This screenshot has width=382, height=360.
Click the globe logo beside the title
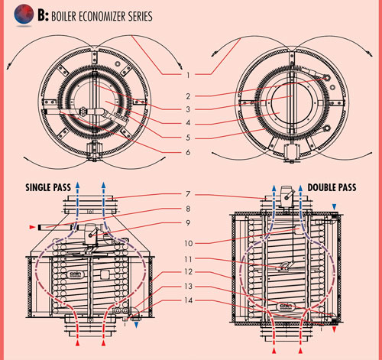coord(24,15)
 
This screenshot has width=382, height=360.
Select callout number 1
coord(188,75)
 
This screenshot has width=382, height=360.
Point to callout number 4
coord(188,123)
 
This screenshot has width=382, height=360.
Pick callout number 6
coord(188,152)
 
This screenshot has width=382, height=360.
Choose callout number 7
coord(188,194)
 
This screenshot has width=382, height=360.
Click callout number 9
coord(188,223)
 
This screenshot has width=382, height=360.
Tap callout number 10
coord(189,244)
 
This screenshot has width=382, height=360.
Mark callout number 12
coord(189,272)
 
